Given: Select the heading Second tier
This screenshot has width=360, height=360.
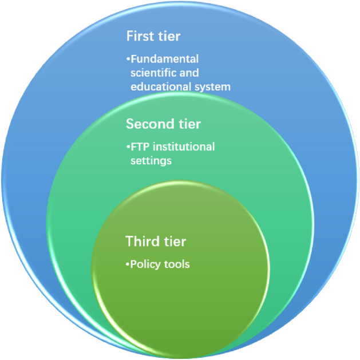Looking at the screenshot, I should [164, 124].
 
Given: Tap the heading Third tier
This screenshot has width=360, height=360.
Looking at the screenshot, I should [156, 242].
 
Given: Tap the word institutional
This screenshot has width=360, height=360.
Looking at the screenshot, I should [184, 147].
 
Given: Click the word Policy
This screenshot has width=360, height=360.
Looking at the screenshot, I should [144, 265].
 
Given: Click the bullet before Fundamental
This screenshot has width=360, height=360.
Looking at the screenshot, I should [128, 59].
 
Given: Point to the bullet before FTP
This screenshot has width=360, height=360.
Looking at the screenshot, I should [128, 147].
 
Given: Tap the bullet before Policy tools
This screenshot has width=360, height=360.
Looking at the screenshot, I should [128, 265].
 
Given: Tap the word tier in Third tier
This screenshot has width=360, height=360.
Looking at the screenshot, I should [175, 242].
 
